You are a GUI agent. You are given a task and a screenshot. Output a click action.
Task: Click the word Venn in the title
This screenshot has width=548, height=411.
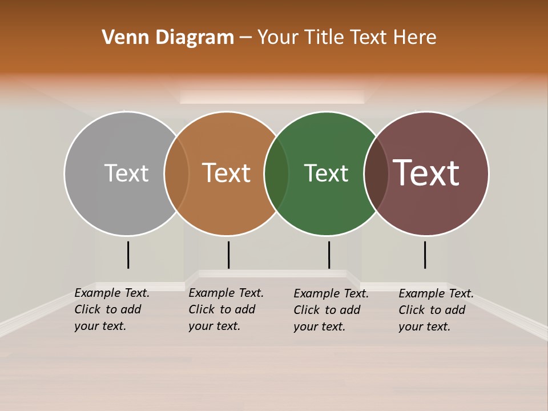[x=122, y=38]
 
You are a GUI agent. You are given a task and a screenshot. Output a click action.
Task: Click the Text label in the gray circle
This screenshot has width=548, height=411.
[x=126, y=173]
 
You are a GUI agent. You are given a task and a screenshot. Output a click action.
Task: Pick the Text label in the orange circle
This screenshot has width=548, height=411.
[x=227, y=173]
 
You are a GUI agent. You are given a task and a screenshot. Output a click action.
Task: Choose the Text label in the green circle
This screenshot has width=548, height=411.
[x=326, y=173]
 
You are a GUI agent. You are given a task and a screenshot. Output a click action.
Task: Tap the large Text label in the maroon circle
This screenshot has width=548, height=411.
[x=426, y=173]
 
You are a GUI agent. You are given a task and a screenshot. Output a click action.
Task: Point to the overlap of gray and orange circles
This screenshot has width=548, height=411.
[x=176, y=173]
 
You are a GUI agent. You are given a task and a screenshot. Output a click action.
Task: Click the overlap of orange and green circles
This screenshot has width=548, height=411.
[x=276, y=173]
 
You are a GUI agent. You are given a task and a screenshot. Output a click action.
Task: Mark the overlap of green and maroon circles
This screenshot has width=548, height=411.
[x=376, y=173]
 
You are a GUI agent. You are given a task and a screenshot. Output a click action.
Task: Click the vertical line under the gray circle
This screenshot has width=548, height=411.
[x=128, y=255]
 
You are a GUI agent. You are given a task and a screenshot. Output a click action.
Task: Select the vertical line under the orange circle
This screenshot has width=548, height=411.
[x=228, y=255]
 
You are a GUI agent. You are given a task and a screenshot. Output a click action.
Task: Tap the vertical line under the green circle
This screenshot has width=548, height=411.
[x=329, y=255]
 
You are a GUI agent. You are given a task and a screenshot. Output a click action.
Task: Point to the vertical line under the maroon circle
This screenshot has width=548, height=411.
[x=425, y=255]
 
